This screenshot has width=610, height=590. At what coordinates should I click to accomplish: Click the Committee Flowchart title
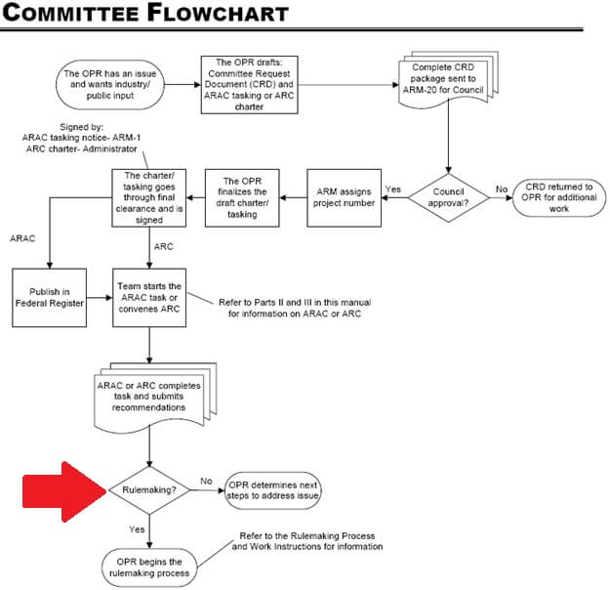(x=146, y=13)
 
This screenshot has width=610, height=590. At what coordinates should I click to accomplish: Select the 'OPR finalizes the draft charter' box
(x=244, y=199)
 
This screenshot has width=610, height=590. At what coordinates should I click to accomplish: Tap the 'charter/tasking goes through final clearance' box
(x=148, y=199)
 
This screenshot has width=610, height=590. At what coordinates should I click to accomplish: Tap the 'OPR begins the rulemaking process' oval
(x=148, y=566)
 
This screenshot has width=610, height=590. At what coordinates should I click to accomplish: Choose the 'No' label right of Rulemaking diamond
(x=206, y=482)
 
